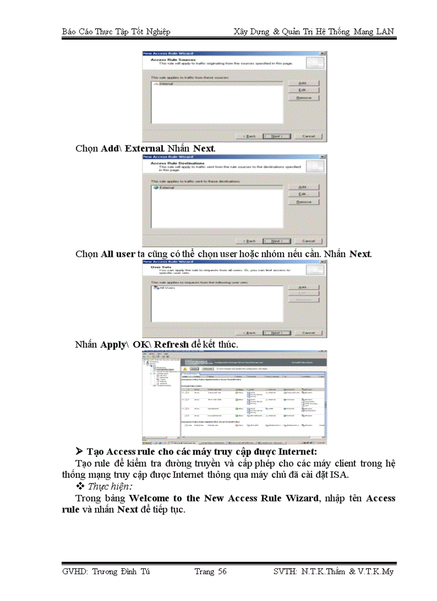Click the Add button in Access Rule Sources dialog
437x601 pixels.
point(304,83)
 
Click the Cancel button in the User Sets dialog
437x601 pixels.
point(308,332)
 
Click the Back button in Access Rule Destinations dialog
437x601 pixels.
point(250,240)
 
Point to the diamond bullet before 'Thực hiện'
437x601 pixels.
point(80,486)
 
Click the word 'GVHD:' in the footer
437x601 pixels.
point(74,572)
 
